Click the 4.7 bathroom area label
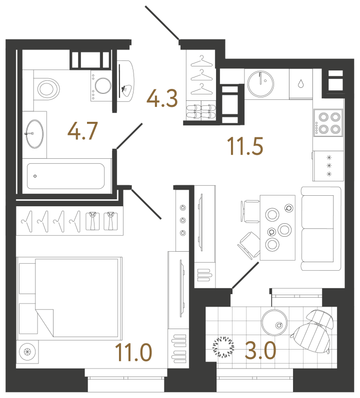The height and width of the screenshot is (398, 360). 82,131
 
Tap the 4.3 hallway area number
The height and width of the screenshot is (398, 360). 162,98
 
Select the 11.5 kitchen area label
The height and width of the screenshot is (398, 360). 245,146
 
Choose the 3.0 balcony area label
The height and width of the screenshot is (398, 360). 260,350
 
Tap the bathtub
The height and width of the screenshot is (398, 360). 66,176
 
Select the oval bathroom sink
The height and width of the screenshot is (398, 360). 35,134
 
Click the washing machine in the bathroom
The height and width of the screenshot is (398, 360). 101,86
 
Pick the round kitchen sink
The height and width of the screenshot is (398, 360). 260,84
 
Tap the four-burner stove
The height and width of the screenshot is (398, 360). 328,123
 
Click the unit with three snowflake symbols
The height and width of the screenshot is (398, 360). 328,166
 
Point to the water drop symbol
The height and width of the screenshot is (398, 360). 301,83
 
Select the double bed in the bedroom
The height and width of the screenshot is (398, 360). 69,298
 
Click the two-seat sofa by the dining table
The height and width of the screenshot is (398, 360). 321,228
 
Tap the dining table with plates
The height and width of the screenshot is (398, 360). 277,228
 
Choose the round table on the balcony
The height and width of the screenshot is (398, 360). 274,322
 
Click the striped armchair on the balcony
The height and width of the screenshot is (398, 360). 312,331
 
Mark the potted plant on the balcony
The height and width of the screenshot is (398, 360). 223,347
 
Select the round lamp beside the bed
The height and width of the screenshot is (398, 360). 27,352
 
